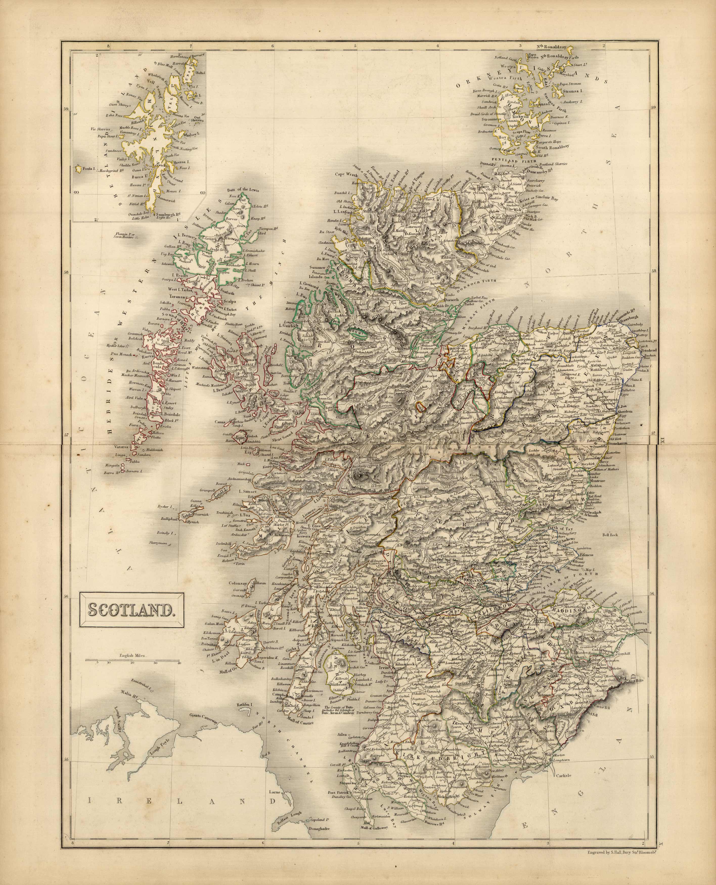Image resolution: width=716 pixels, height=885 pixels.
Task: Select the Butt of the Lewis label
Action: click(243, 190)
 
